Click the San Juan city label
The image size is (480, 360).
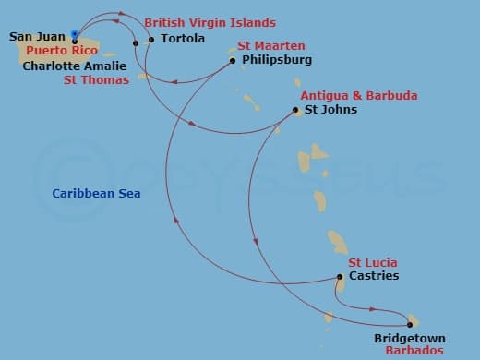point(37,37)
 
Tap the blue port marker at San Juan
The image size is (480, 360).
point(74,35)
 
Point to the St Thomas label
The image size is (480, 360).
point(94,80)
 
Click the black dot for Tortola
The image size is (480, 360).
point(151,40)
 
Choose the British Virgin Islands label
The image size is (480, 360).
point(210,21)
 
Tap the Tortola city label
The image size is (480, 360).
point(183,40)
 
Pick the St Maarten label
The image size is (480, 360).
point(271,45)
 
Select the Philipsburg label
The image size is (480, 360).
point(276,60)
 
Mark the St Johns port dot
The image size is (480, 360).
point(295,111)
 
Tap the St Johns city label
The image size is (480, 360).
point(330,110)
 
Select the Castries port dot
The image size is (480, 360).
point(340,277)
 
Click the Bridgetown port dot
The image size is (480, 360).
point(409,324)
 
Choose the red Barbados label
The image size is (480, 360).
point(414,352)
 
